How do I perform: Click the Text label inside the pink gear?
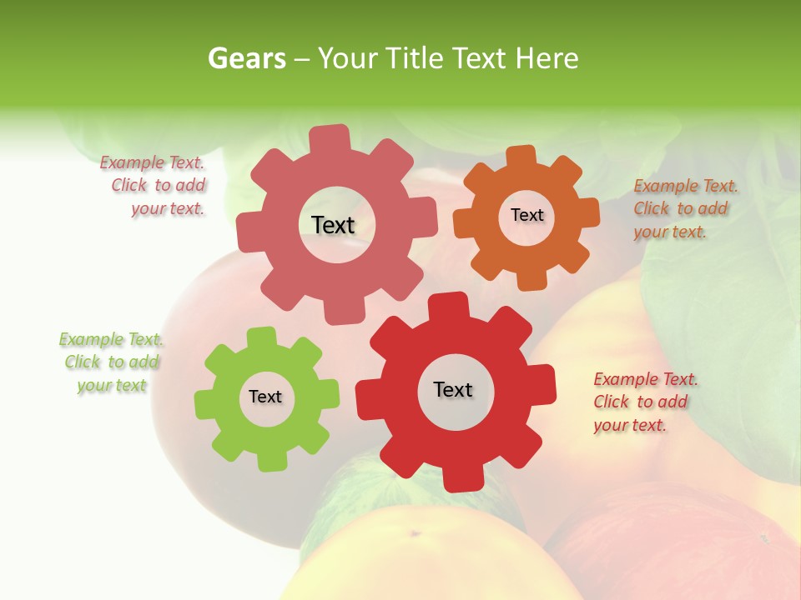click(x=333, y=225)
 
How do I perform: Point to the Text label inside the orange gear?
click(x=526, y=215)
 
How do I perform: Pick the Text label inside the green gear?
click(x=265, y=397)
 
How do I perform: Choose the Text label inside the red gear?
click(x=453, y=389)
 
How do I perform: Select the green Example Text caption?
click(x=112, y=362)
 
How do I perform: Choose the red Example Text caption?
click(x=643, y=402)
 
